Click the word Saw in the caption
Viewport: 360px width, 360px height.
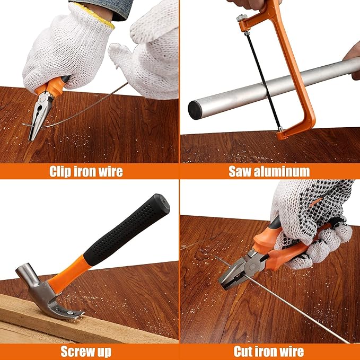(x=240, y=171)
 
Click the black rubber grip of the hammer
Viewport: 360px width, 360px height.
(x=127, y=230)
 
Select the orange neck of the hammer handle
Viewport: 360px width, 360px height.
(x=69, y=274)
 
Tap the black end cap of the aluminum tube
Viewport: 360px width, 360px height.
(x=195, y=110)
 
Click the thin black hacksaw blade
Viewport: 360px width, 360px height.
(x=263, y=80)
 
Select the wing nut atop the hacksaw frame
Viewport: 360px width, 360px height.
(x=242, y=17)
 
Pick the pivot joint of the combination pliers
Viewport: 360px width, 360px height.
(x=252, y=266)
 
